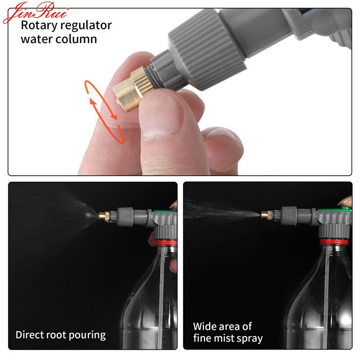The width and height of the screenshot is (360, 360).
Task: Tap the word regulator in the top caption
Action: pos(85,26)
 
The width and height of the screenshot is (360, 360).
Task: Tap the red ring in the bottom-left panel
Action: pos(166,243)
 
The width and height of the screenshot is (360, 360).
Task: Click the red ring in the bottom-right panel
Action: pos(334,242)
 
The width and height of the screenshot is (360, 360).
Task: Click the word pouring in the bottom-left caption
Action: pos(87,335)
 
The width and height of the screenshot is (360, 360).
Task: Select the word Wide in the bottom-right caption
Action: pos(205,326)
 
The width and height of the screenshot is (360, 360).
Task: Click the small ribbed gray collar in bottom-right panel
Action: pos(289,216)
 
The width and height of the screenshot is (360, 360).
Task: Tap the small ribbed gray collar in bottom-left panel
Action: pos(126,217)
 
